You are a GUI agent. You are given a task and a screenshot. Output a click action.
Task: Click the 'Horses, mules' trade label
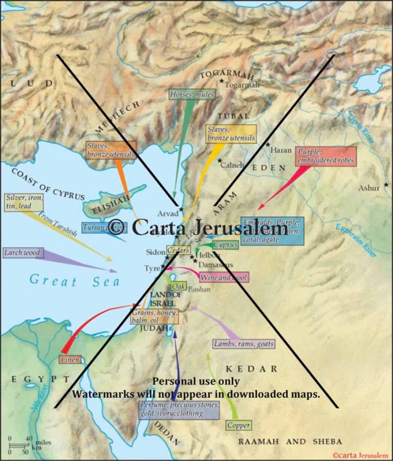click(x=191, y=94)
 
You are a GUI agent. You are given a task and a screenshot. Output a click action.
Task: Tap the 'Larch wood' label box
click(x=23, y=253)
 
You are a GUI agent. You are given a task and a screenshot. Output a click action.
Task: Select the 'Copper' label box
click(x=238, y=425)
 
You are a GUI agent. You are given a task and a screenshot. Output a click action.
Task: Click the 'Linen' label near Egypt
click(x=70, y=359)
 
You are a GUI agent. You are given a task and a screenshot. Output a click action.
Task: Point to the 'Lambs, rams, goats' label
click(x=244, y=344)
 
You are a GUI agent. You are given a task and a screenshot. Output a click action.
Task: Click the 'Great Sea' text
click(x=74, y=281)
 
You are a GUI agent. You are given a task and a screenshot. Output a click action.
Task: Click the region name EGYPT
click(x=39, y=379)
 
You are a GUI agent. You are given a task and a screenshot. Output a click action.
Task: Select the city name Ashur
click(x=368, y=188)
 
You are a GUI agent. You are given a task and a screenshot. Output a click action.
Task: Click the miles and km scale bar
click(x=20, y=442)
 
